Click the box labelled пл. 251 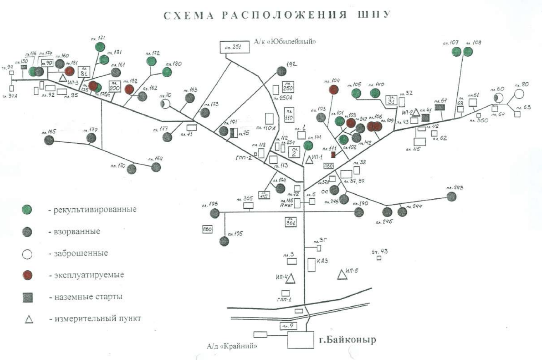(x=235, y=48)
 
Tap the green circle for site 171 (x=100, y=47)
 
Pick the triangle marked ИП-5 (x=342, y=274)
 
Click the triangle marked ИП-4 (x=291, y=279)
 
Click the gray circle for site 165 (x=49, y=140)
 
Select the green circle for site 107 (x=456, y=52)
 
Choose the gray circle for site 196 (x=215, y=213)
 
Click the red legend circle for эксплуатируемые (x=28, y=275)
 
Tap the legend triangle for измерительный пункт (x=28, y=319)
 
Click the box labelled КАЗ (x=312, y=265)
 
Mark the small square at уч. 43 (x=379, y=258)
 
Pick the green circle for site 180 (x=167, y=72)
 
